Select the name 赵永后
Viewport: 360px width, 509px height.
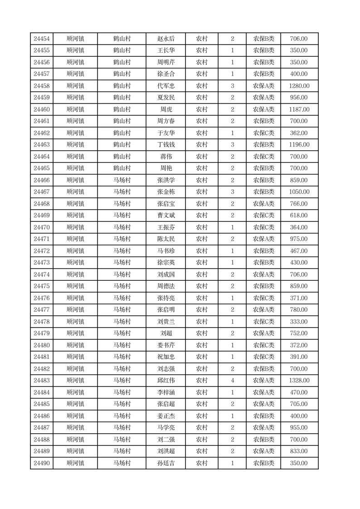(x=165, y=39)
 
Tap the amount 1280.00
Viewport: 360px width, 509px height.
(x=299, y=86)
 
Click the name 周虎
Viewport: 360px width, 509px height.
(x=165, y=110)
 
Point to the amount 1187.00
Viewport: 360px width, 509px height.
(x=299, y=110)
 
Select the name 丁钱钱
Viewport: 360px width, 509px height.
(x=165, y=145)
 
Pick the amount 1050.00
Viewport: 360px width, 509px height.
(x=299, y=192)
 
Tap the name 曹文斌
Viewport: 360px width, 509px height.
(x=165, y=215)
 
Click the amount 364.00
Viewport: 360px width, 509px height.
(x=299, y=227)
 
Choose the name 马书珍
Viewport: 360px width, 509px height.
(x=165, y=251)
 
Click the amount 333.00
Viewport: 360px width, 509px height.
(x=299, y=322)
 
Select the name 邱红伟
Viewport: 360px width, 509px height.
(x=165, y=381)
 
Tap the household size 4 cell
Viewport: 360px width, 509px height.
(x=232, y=381)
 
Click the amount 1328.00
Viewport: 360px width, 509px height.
(x=299, y=381)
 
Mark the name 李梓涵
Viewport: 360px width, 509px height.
(x=165, y=392)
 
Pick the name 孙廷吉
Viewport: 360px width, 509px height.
(x=165, y=463)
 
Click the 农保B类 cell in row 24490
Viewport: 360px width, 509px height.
(x=263, y=463)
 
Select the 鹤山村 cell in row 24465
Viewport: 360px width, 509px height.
(x=122, y=168)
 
